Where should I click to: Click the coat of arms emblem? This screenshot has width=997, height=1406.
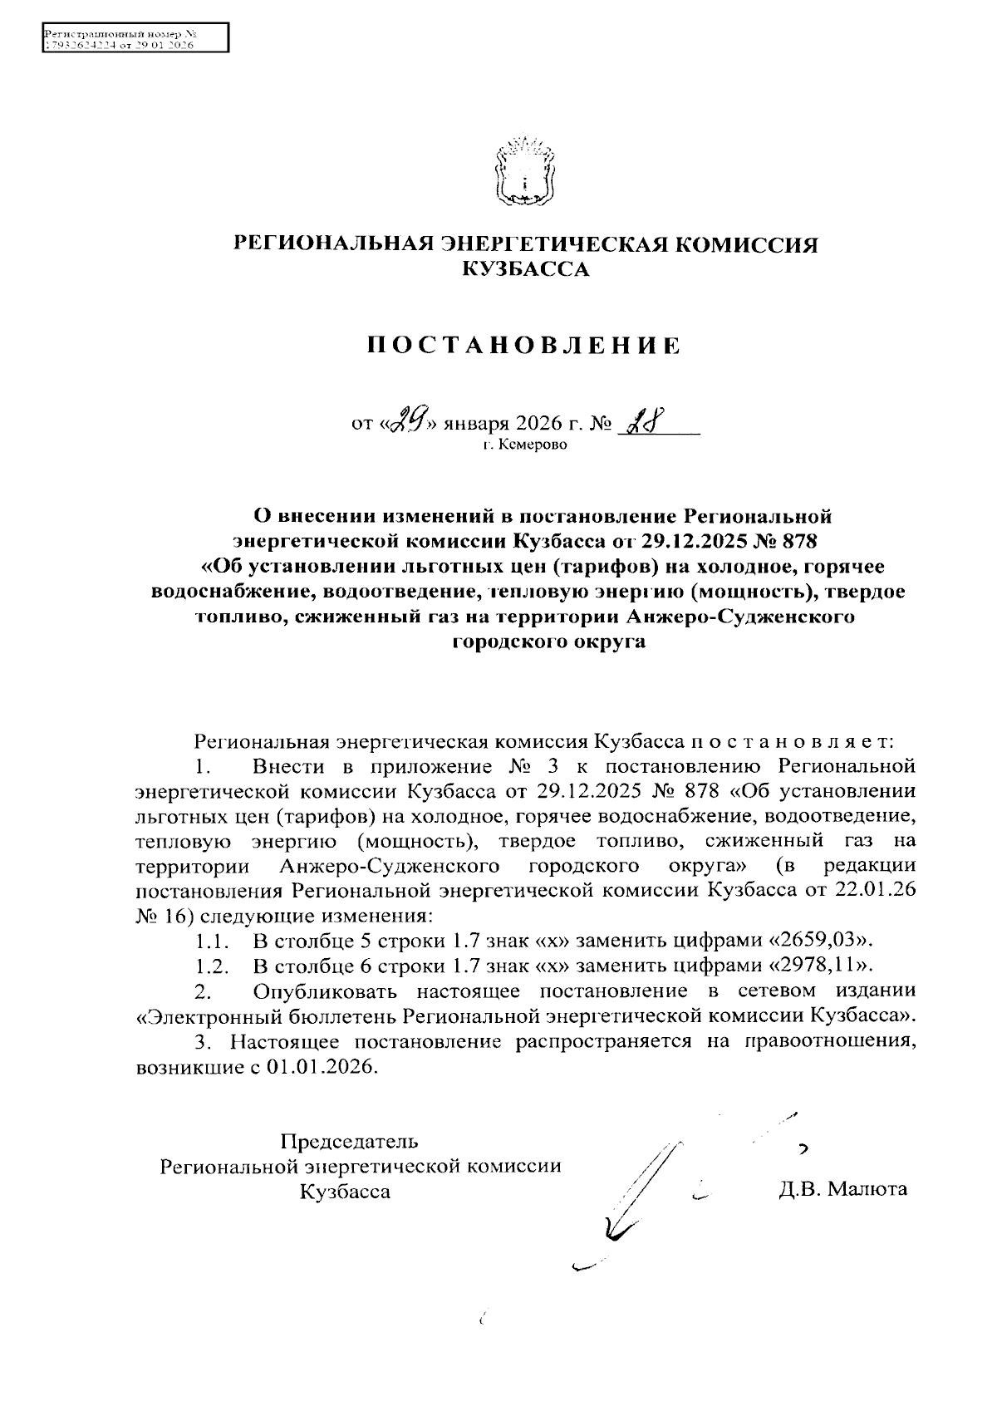[524, 170]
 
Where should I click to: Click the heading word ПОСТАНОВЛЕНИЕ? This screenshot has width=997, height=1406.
[524, 345]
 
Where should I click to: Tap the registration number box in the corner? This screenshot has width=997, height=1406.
[133, 39]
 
